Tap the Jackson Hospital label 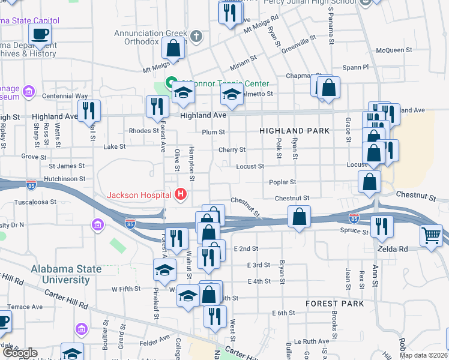139,195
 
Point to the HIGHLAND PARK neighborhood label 294,130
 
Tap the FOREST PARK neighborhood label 334,304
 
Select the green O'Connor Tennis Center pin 170,83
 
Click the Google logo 20,352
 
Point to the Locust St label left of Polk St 250,166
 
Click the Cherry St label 232,149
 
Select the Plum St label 213,132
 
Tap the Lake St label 114,146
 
